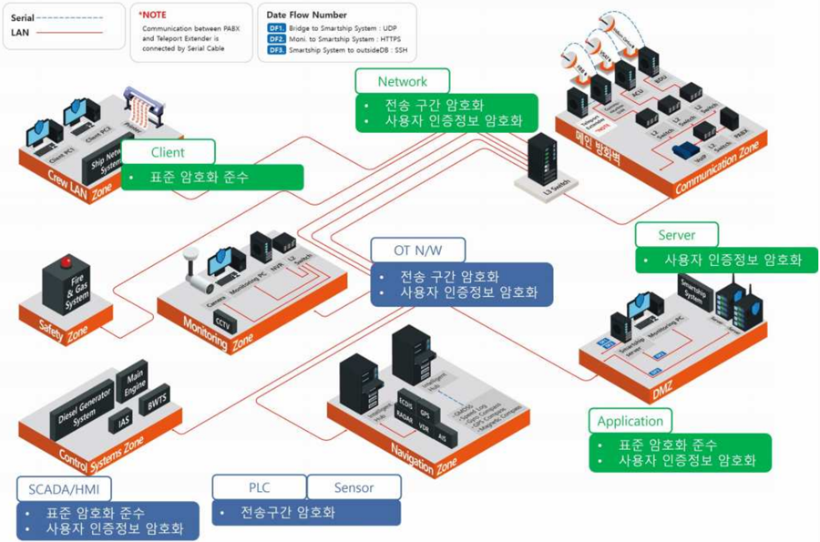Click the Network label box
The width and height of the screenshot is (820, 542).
(x=403, y=81)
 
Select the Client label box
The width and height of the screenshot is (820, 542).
(x=168, y=152)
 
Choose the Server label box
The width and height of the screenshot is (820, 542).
(x=677, y=235)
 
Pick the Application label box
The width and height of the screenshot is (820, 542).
(x=630, y=421)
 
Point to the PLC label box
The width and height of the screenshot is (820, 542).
(x=259, y=487)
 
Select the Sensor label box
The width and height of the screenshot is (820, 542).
(x=354, y=487)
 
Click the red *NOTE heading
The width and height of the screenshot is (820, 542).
(x=153, y=15)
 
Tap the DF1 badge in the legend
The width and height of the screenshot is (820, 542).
(x=276, y=28)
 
